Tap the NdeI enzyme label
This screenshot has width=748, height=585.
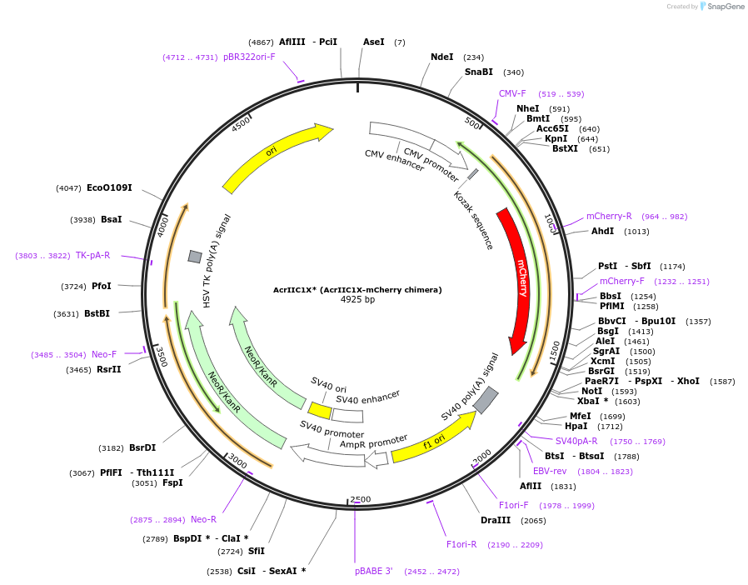point(442,57)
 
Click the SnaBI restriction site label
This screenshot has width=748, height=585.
point(479,72)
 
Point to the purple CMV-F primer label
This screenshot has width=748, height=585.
point(512,93)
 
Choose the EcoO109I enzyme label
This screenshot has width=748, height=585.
point(109,187)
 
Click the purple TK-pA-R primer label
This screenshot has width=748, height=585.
point(92,255)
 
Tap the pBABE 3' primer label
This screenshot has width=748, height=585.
point(373,571)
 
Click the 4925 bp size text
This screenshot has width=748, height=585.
point(357,299)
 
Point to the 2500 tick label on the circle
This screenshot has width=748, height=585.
point(360,499)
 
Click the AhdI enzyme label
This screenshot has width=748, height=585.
point(602,231)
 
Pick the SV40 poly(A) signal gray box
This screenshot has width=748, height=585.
point(486,399)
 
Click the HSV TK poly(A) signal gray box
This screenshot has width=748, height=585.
point(195,257)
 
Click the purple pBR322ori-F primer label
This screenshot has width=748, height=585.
point(249,57)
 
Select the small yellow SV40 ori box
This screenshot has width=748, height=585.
point(320,410)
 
